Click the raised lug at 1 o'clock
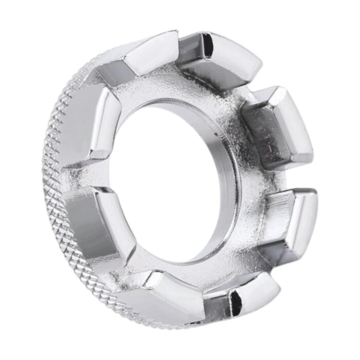(226, 59)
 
